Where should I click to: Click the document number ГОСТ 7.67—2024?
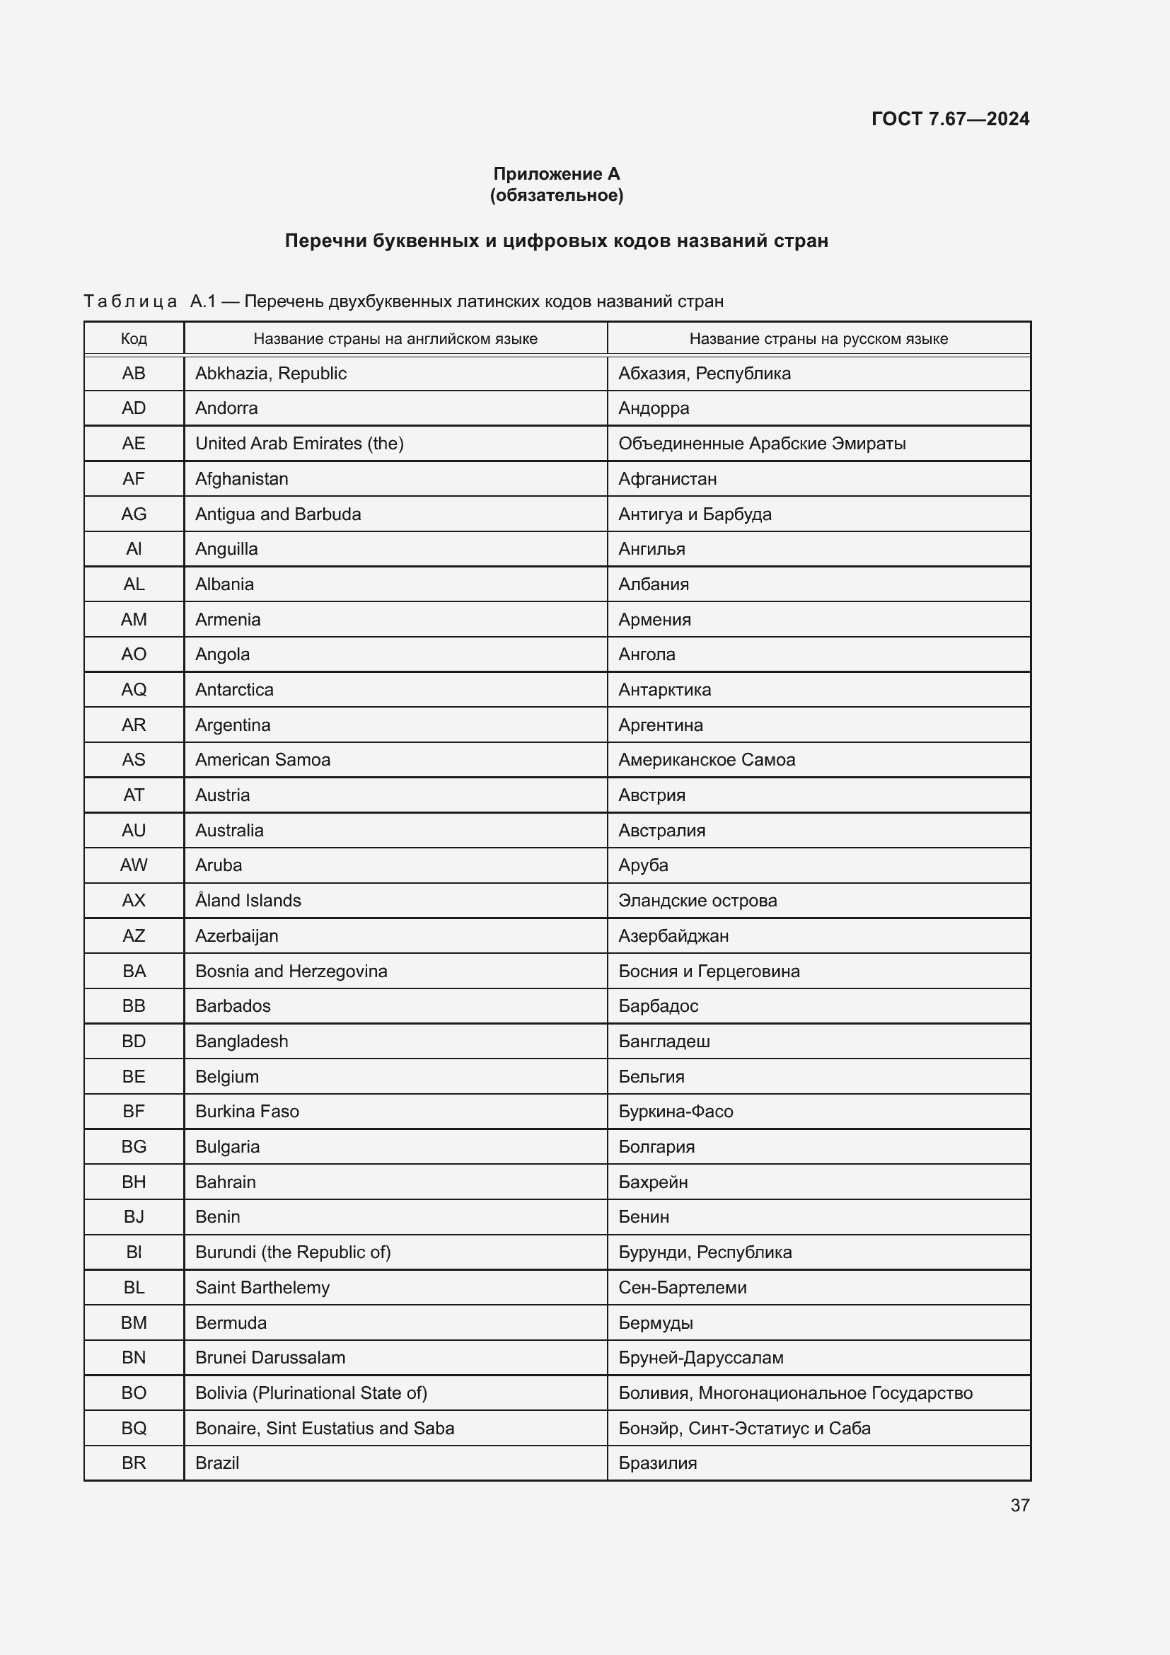tap(949, 119)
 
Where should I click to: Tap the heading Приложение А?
tap(556, 174)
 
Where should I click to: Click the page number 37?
tap(1019, 1504)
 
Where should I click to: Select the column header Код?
tap(134, 339)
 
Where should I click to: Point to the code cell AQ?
tap(134, 690)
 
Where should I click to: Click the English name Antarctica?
tap(234, 690)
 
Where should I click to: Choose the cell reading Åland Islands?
tap(248, 900)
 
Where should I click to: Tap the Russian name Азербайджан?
tap(673, 935)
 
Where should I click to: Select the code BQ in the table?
tap(134, 1428)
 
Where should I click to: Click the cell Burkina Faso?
tap(247, 1112)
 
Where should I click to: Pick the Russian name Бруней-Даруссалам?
tap(700, 1357)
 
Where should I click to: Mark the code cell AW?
tap(134, 865)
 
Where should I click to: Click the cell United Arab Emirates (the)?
tap(299, 444)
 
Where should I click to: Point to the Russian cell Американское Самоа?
tap(706, 760)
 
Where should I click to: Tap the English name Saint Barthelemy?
tap(262, 1287)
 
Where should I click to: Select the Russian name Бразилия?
tap(657, 1463)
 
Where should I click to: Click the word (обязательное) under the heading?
tap(556, 195)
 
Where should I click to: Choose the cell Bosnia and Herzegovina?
tap(291, 971)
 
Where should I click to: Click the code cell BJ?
tap(134, 1217)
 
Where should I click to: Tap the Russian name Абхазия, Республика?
tap(704, 374)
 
